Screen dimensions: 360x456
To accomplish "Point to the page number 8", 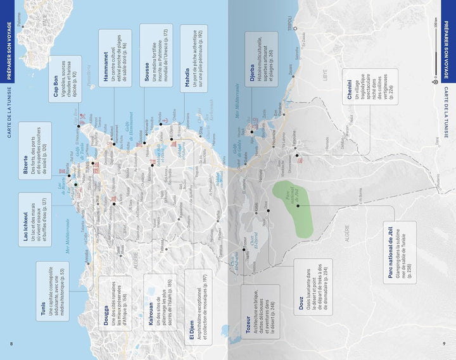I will tap(11, 344).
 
